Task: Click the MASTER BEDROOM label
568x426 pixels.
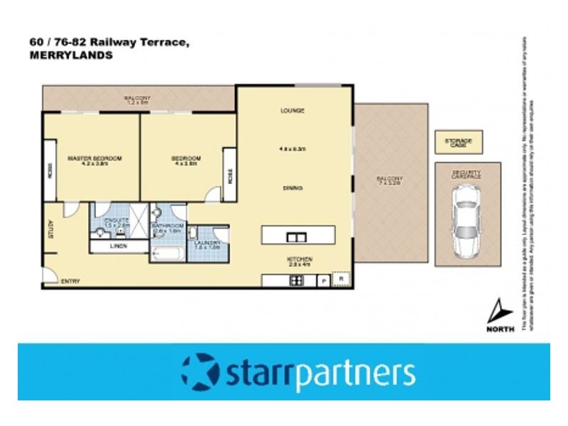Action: tap(94, 158)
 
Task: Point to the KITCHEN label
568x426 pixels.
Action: tap(300, 258)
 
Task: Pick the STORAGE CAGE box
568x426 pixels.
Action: tap(458, 142)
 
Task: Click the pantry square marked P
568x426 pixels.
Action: tap(324, 281)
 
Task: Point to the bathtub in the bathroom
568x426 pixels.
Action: tap(168, 253)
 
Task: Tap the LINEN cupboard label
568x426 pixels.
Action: tap(119, 246)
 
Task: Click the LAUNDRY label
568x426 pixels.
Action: tap(208, 243)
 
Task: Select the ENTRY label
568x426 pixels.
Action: tap(70, 281)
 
